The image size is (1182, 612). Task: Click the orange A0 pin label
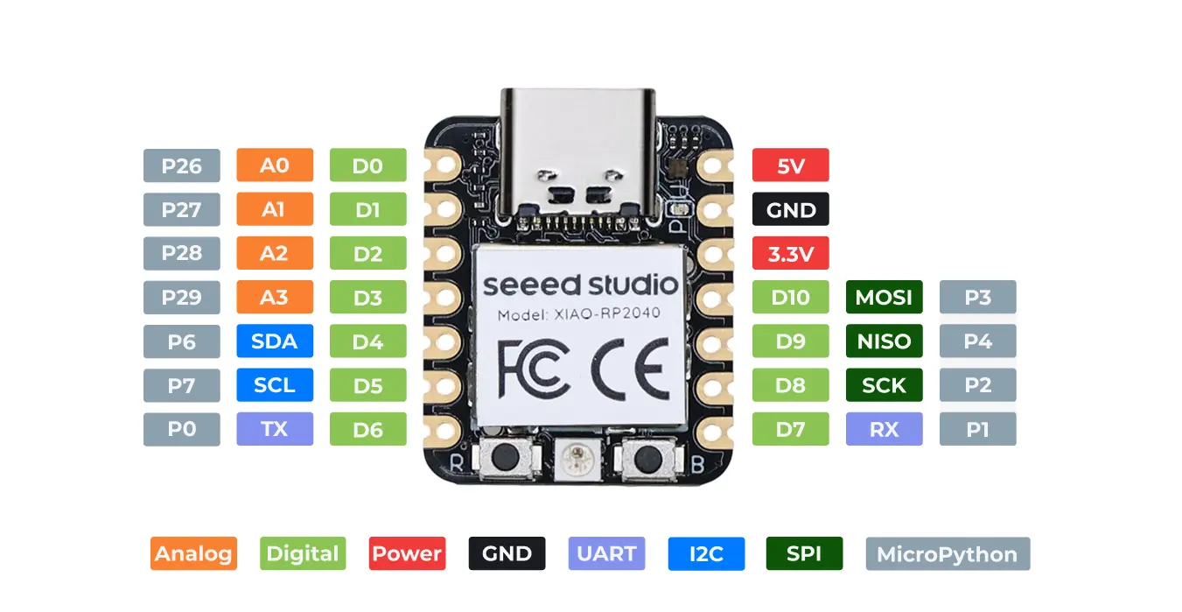coord(275,165)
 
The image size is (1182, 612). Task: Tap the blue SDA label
coord(275,341)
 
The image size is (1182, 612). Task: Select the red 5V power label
coord(790,165)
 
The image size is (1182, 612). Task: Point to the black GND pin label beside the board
coord(790,209)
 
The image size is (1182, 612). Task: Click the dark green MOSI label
coord(884,297)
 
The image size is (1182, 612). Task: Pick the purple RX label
coord(884,429)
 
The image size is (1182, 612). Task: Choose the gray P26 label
coord(181,165)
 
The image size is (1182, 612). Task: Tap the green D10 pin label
coord(790,297)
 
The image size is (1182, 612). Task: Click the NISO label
coord(884,341)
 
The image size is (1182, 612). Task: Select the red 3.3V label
coord(790,254)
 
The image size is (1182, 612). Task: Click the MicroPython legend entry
coord(947,553)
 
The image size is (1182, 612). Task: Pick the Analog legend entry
coord(193,553)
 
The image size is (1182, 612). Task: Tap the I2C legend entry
coord(706,553)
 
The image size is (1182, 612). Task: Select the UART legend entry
coord(606,553)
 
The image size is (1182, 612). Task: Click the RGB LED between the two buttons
coord(577,456)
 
